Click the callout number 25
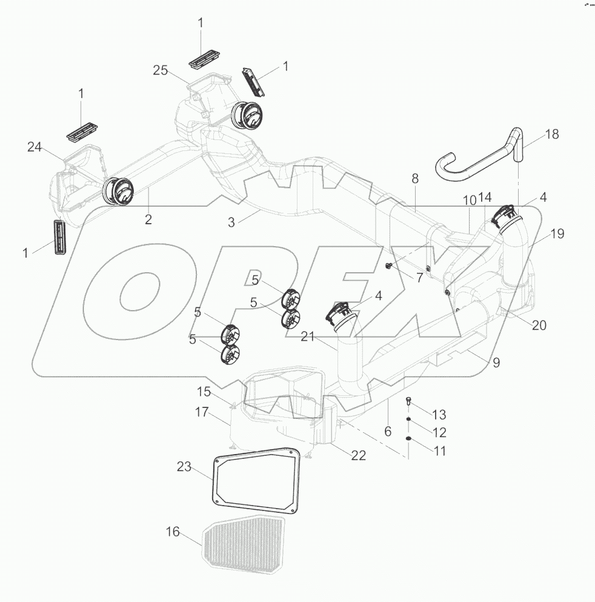click(160, 71)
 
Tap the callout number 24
click(35, 146)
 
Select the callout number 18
click(551, 135)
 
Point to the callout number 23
click(184, 467)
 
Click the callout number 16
click(173, 532)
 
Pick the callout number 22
click(359, 455)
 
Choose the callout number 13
click(439, 415)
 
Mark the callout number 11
click(439, 451)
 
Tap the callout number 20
click(539, 325)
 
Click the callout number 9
click(496, 363)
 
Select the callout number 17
click(202, 413)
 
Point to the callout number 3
click(231, 222)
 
